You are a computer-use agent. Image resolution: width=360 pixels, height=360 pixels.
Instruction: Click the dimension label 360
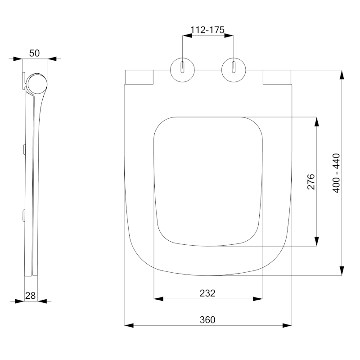click(207, 320)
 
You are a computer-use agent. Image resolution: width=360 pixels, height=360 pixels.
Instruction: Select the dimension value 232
click(207, 293)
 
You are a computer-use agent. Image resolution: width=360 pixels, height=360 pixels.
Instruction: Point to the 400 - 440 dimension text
click(336, 173)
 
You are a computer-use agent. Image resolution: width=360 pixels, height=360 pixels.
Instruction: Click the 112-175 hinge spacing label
click(207, 30)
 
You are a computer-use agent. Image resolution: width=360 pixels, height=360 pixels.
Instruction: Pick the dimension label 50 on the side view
click(34, 53)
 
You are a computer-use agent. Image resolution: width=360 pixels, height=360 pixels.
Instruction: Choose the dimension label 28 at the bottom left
click(30, 295)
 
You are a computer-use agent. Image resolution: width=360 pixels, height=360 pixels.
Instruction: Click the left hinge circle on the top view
click(182, 70)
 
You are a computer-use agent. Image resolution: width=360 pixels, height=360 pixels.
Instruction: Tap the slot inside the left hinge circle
click(182, 67)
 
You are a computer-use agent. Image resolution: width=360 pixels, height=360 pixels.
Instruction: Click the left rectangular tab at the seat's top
click(139, 77)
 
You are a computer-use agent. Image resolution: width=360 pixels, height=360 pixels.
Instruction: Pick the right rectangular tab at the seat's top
click(276, 77)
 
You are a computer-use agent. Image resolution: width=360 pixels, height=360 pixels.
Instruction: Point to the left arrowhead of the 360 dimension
click(128, 325)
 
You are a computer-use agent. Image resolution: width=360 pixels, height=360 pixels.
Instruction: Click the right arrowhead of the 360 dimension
click(287, 325)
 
